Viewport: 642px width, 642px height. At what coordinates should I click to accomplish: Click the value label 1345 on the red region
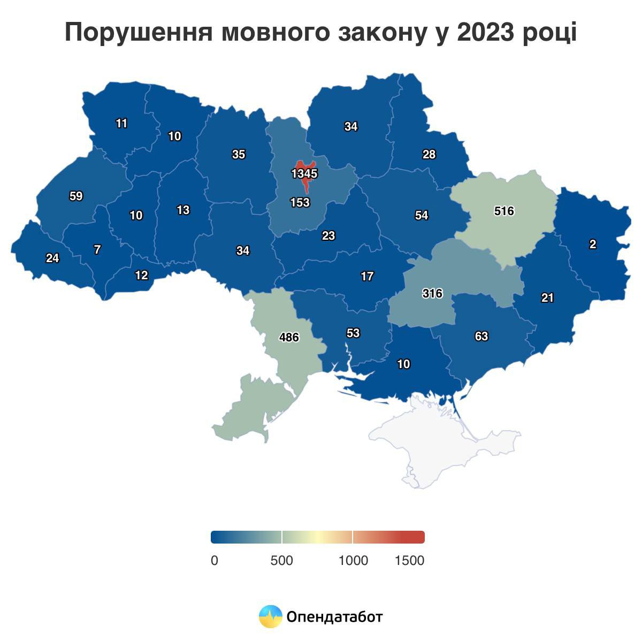pos(304,174)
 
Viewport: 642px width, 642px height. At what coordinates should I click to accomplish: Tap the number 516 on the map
pos(504,211)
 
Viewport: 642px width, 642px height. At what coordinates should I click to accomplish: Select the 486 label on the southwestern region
pos(289,338)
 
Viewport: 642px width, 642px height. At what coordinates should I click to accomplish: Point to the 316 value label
pos(432,293)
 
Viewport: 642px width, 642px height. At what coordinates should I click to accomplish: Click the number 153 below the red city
pos(300,203)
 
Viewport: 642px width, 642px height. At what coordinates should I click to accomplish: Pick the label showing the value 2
pos(592,244)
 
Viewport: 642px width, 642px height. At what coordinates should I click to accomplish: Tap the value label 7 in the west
pos(97,250)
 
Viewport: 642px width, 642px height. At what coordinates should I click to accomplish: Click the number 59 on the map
pos(76,196)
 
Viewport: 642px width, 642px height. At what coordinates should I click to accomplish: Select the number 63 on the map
pos(481,337)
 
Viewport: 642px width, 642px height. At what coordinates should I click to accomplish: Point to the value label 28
pos(429,155)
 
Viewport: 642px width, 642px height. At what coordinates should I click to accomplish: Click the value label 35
pos(239,155)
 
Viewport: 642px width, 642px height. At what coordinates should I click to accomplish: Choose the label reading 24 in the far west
pos(52,258)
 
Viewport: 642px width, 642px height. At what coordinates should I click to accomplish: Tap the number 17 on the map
pos(367,277)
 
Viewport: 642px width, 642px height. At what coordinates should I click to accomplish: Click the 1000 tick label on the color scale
pos(353,561)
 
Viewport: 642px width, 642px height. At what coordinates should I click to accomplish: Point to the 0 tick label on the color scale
pos(215,561)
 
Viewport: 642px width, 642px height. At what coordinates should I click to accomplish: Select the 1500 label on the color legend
pos(409,561)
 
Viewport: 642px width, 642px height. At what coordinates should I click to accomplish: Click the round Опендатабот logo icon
pos(270,616)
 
